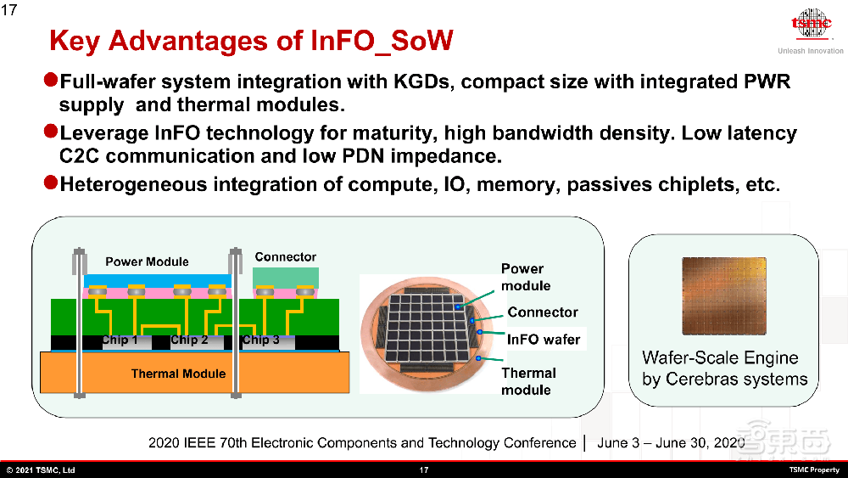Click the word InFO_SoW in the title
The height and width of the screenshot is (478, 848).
(x=382, y=42)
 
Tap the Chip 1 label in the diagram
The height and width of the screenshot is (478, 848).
(x=120, y=340)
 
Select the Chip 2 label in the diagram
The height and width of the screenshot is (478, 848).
(x=189, y=340)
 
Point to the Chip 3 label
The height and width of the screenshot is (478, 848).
(x=260, y=340)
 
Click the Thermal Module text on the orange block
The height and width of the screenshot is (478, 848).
(x=178, y=374)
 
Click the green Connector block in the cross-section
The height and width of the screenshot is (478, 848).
(x=286, y=278)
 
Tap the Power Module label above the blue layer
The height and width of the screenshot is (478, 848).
(x=147, y=261)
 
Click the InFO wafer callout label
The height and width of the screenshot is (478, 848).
(x=544, y=340)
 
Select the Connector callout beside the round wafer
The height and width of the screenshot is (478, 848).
(x=543, y=312)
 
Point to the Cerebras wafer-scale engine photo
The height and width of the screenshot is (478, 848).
(x=724, y=296)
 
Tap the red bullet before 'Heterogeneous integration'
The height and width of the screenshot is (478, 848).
(x=51, y=183)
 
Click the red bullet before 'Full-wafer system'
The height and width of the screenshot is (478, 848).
(x=51, y=80)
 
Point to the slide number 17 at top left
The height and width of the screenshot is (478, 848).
(x=8, y=9)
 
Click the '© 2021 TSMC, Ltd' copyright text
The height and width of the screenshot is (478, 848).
(x=41, y=470)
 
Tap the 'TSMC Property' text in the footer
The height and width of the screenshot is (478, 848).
(x=814, y=470)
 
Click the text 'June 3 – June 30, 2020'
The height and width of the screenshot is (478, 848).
(x=671, y=443)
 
